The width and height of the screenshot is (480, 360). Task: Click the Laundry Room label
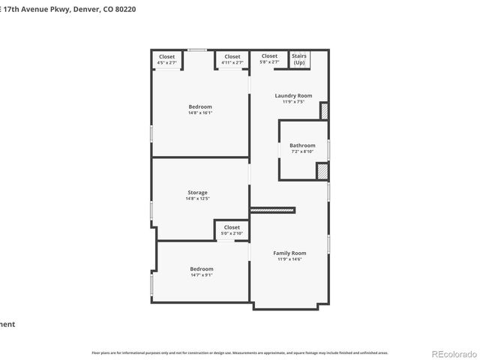click(292, 96)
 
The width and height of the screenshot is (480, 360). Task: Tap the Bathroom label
click(302, 145)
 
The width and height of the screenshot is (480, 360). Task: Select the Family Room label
click(289, 253)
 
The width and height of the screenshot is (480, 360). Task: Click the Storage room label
click(197, 193)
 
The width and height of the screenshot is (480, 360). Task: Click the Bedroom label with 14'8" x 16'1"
click(200, 107)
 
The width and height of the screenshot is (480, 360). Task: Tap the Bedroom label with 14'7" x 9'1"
click(201, 269)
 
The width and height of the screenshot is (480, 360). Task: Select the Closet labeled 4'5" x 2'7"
click(166, 57)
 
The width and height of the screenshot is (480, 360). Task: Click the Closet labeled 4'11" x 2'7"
click(232, 57)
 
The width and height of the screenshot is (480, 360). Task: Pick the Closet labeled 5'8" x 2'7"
click(269, 56)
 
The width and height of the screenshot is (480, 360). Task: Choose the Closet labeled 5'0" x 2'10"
click(232, 227)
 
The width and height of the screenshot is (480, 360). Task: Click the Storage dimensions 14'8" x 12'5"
click(197, 199)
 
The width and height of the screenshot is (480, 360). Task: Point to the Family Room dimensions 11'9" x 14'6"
click(289, 259)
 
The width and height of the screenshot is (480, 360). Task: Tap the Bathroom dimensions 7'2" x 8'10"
click(302, 151)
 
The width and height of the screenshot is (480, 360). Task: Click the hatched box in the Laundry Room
click(325, 111)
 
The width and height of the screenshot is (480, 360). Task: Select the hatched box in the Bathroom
click(322, 172)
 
